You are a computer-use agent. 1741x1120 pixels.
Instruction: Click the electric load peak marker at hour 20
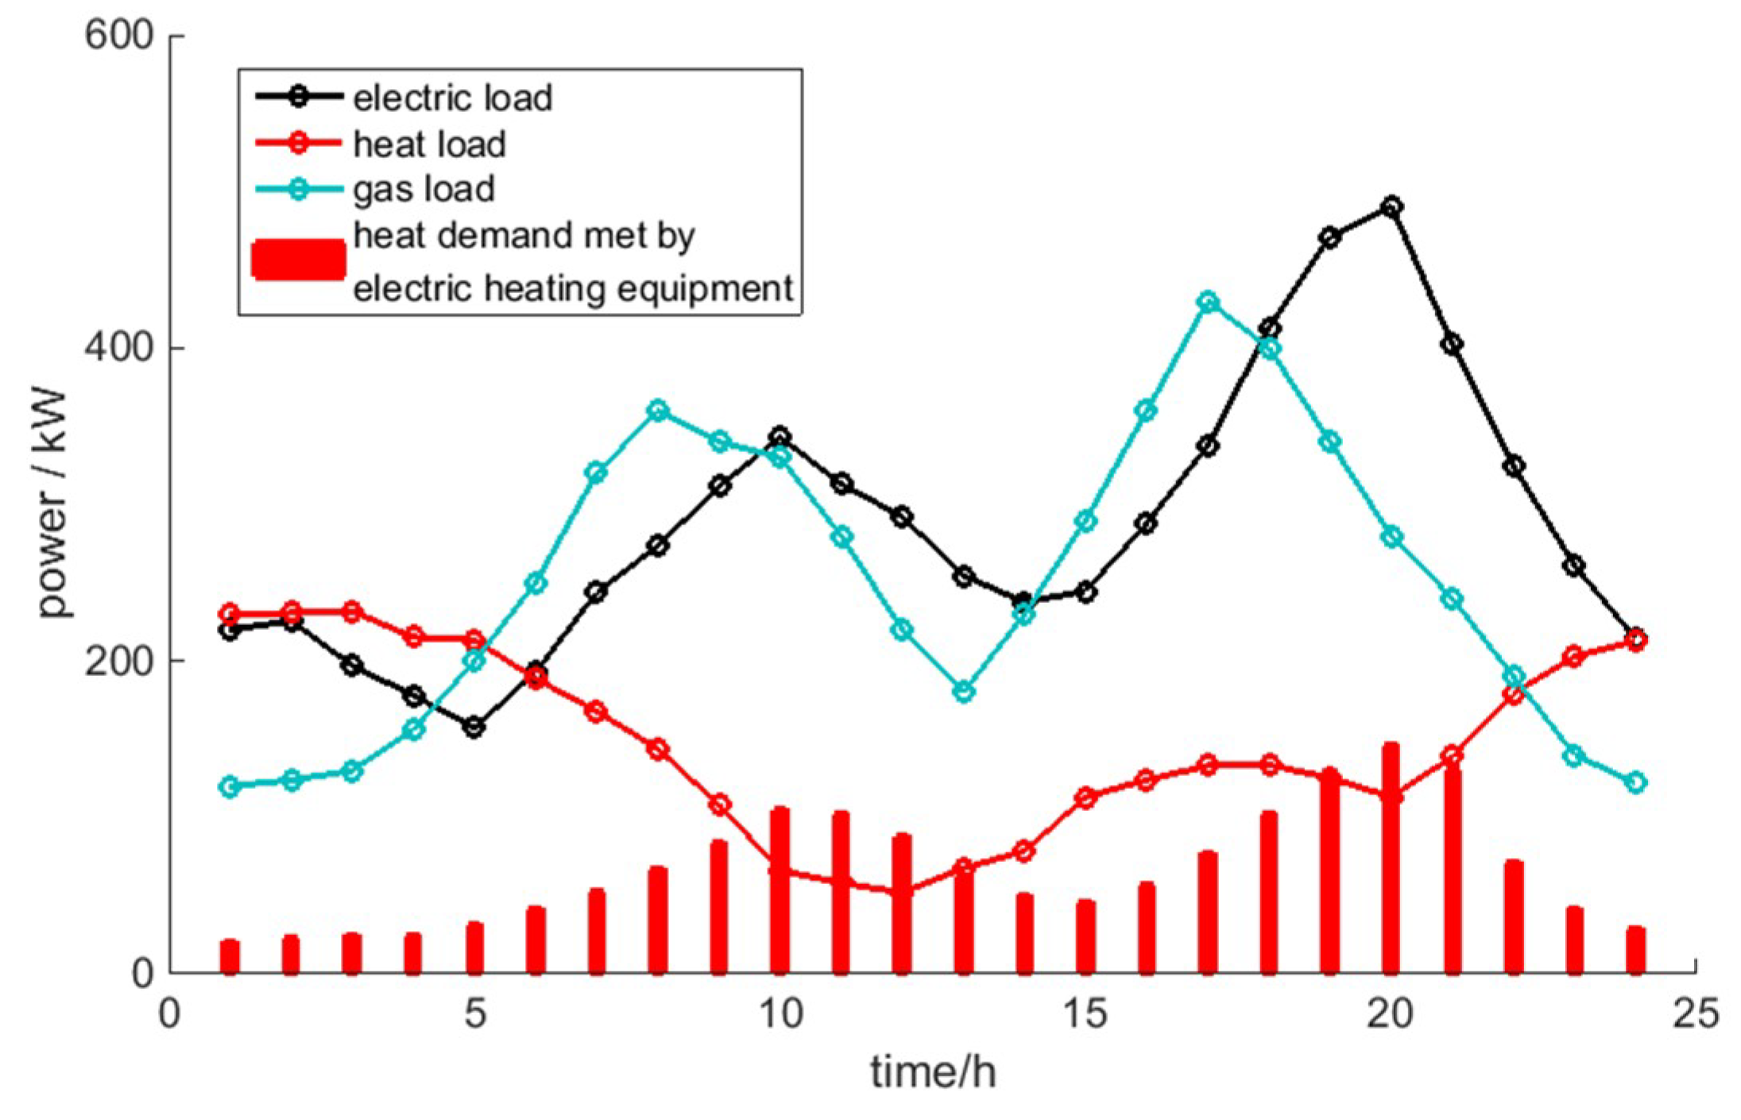click(1391, 207)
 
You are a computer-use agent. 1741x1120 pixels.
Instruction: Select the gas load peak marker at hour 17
click(1208, 302)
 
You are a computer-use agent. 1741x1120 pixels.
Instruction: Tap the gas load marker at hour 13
click(964, 692)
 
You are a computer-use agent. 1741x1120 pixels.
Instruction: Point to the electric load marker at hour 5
click(474, 727)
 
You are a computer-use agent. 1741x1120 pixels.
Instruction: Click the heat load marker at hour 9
click(719, 805)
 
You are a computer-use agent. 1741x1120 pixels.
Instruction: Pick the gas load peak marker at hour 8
click(658, 411)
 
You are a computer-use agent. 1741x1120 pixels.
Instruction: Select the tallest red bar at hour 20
click(1391, 858)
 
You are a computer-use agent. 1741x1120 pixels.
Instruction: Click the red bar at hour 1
click(230, 956)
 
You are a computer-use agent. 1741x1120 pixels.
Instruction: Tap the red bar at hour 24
click(1635, 950)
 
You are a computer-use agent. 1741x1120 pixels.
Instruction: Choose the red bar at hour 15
click(1085, 937)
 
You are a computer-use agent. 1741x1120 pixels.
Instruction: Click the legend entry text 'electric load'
click(452, 98)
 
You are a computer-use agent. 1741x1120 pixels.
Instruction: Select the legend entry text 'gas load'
click(424, 189)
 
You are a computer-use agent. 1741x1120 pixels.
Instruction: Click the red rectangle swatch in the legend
click(298, 260)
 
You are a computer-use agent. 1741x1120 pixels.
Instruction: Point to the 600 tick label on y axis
click(118, 37)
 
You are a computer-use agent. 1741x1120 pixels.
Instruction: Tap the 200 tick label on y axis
click(118, 660)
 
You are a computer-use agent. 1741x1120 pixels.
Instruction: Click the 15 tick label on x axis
click(1085, 1014)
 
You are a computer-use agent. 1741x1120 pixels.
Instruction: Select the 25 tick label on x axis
click(1696, 1014)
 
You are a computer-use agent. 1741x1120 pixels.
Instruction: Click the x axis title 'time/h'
click(932, 1072)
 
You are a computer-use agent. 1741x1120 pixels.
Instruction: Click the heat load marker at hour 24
click(1635, 640)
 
